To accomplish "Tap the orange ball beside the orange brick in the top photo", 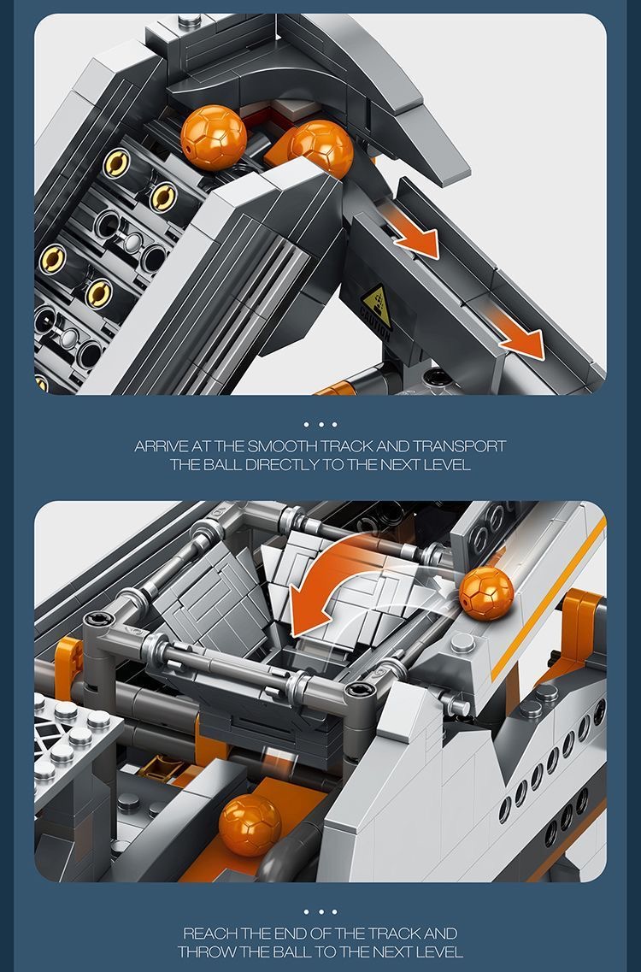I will [x=320, y=147].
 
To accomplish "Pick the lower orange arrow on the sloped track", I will [x=520, y=341].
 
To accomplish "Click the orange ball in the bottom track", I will [x=250, y=825].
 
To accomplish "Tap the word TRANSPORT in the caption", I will [x=460, y=446].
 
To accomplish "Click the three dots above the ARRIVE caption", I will [x=320, y=424].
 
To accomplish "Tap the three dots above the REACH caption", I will [x=320, y=911].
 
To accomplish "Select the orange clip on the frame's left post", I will [x=68, y=658].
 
